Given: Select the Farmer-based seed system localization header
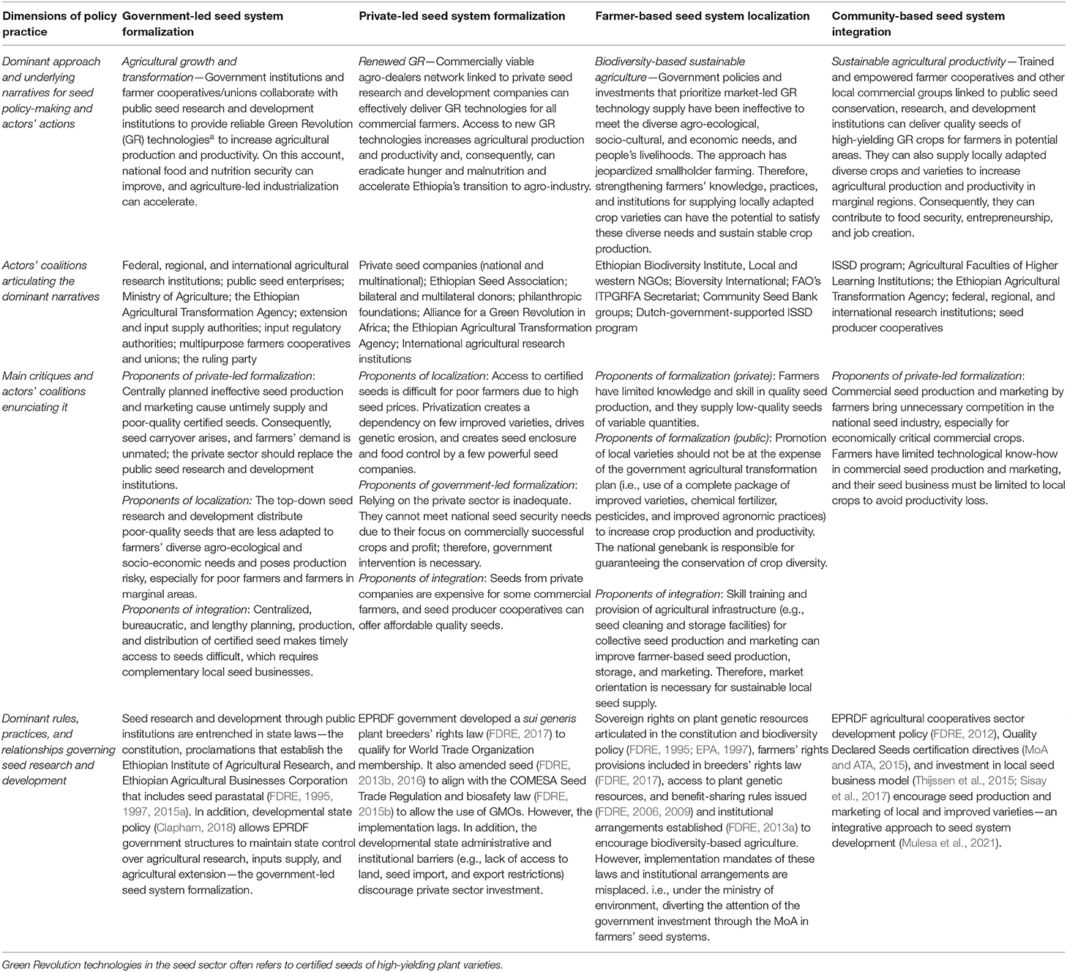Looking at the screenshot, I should click(x=703, y=16).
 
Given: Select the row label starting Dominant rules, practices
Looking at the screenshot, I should click(x=56, y=749).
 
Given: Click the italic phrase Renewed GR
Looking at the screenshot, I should click(x=386, y=61).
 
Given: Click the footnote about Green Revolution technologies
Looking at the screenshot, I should click(x=252, y=965).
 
